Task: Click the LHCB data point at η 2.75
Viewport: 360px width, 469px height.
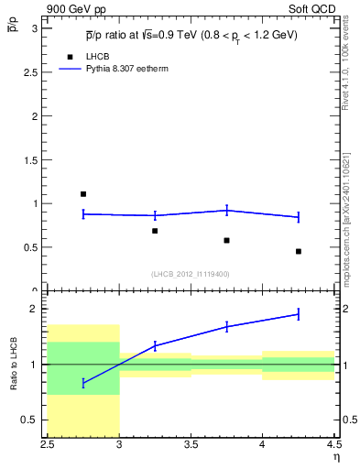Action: pyautogui.click(x=83, y=194)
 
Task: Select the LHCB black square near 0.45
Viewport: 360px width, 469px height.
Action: pyautogui.click(x=299, y=251)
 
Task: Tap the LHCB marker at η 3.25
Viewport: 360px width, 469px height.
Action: pyautogui.click(x=155, y=231)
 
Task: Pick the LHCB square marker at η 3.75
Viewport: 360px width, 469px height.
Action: pyautogui.click(x=226, y=240)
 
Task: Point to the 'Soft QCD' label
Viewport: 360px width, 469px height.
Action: pyautogui.click(x=313, y=10)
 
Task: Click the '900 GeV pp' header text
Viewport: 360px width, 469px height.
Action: pyautogui.click(x=74, y=10)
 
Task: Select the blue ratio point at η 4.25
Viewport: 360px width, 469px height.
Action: pyautogui.click(x=299, y=314)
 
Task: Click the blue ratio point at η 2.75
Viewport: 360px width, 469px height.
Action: pyautogui.click(x=83, y=383)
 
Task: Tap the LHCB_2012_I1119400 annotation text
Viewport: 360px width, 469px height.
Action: pyautogui.click(x=191, y=274)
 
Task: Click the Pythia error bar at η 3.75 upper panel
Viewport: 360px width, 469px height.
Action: pyautogui.click(x=226, y=211)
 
